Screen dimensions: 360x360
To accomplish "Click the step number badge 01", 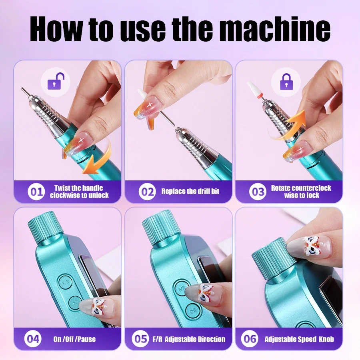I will (x=36, y=192).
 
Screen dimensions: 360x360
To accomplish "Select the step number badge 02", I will (x=147, y=192).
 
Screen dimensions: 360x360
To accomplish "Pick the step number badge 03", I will (x=258, y=192).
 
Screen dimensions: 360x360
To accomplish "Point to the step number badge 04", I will (x=32, y=339).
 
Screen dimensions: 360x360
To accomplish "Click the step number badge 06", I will (x=250, y=339).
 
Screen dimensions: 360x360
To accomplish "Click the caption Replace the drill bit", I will (x=190, y=192).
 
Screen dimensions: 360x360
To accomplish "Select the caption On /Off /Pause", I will (x=74, y=339).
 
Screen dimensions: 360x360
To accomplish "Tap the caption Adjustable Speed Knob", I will (x=299, y=339).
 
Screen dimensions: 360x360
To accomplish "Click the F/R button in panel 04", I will (x=65, y=282).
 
